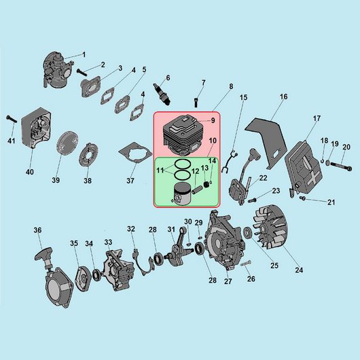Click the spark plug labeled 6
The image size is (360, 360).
point(162,94)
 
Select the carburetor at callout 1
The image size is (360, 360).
point(58,70)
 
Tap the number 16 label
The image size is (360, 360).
point(283,96)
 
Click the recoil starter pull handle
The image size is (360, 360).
point(43,255)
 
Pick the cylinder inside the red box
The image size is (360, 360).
point(183,135)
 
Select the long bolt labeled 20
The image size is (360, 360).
point(341,166)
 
